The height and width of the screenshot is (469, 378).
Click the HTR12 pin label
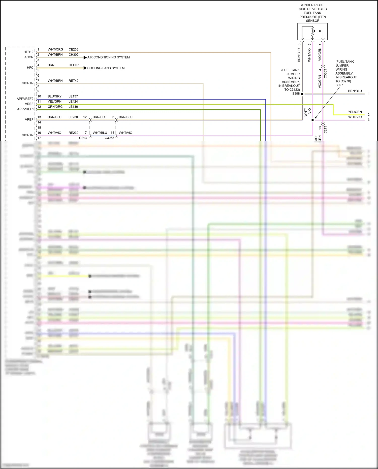click(28, 52)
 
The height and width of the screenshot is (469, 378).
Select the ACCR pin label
click(29, 57)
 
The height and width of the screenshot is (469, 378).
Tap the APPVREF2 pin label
click(25, 99)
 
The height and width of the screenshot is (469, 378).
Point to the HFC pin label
click(30, 68)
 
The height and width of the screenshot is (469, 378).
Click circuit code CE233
click(73, 49)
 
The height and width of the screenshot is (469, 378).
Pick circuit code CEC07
click(74, 65)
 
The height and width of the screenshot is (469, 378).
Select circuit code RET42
click(73, 81)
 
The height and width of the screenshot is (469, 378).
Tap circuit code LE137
click(73, 96)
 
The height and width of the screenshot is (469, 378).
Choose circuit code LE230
click(73, 117)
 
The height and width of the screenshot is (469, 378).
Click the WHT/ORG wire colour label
click(55, 49)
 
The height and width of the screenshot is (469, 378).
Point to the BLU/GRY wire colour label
click(54, 96)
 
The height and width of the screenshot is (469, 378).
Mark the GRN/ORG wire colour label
click(55, 107)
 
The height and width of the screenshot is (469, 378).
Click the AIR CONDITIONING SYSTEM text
click(108, 57)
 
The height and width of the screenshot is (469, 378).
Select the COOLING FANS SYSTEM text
click(106, 68)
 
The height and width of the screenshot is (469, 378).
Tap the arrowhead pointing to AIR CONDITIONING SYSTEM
click(85, 57)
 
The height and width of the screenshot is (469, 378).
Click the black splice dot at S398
click(302, 94)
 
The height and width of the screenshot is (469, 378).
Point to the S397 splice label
click(339, 85)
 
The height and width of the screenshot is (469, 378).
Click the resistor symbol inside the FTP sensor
click(312, 32)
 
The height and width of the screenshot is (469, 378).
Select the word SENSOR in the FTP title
click(312, 21)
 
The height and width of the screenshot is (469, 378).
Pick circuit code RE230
click(73, 133)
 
